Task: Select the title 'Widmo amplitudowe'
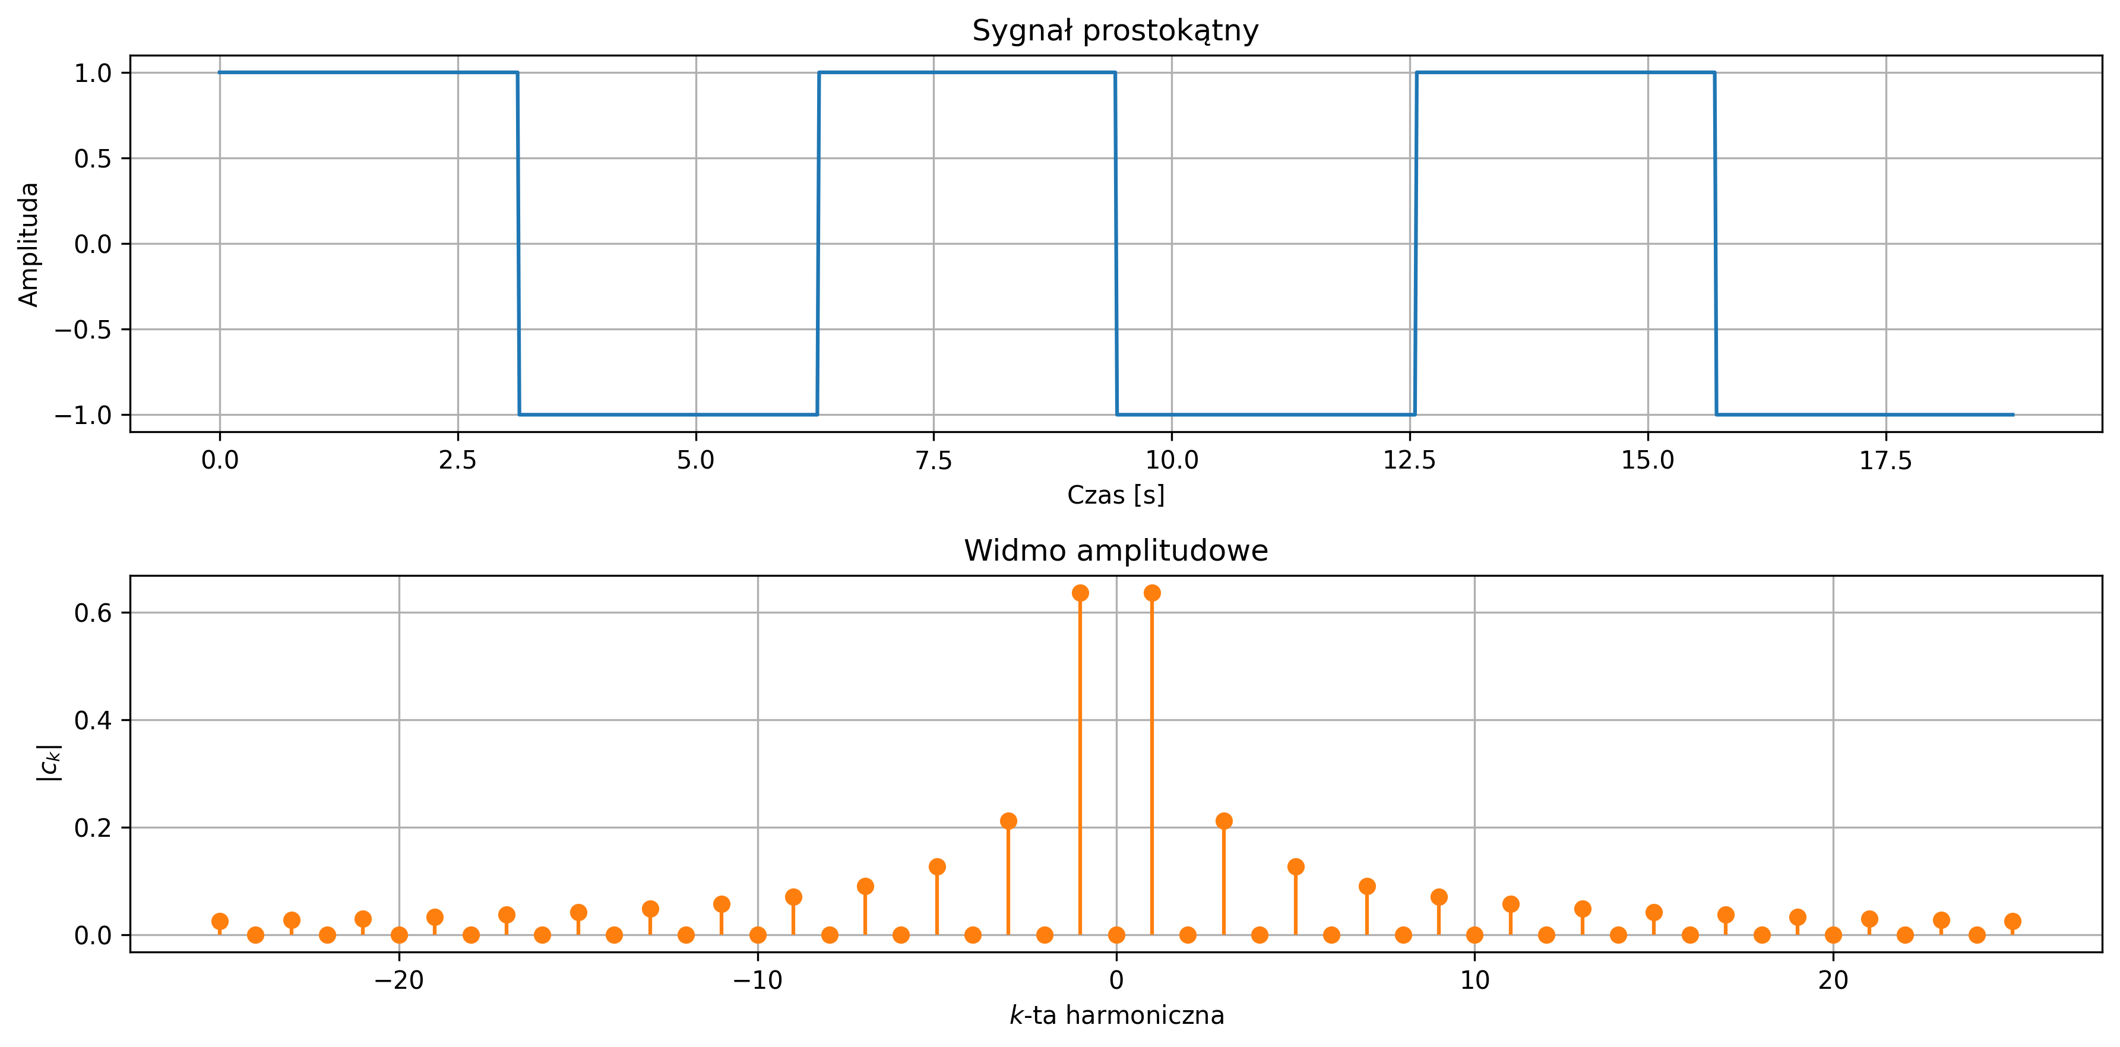point(1115,551)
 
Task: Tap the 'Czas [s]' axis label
point(1115,495)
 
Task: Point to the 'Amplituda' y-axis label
point(29,245)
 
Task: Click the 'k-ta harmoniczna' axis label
point(1116,1016)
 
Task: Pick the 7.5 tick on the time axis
point(934,461)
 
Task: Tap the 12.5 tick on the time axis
point(1409,461)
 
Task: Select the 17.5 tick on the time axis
point(1885,461)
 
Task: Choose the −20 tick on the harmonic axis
point(399,980)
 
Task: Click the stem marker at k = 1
point(1152,593)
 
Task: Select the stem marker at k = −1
point(1081,593)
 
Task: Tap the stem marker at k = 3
point(1224,821)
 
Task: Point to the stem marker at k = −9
point(793,896)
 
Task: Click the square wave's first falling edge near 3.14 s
point(518,243)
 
